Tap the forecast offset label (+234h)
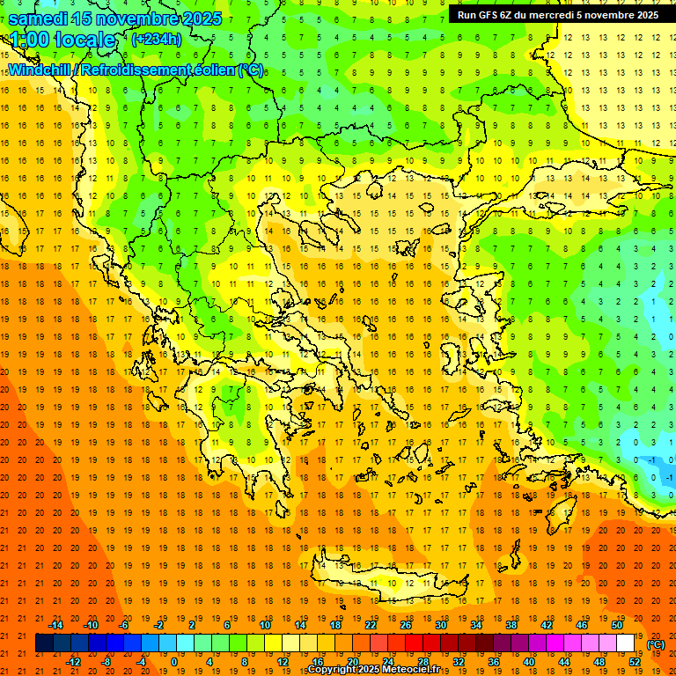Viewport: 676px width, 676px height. pyautogui.click(x=156, y=39)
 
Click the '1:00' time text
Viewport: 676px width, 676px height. pyautogui.click(x=29, y=40)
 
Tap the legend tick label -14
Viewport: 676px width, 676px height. pyautogui.click(x=55, y=625)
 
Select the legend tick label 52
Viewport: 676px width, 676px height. pyautogui.click(x=635, y=662)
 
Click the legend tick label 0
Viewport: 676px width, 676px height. pyautogui.click(x=174, y=662)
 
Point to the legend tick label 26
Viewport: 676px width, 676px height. pyautogui.click(x=406, y=625)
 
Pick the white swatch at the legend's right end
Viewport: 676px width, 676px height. pyautogui.click(x=625, y=643)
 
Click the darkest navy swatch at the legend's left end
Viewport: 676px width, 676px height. pyautogui.click(x=44, y=643)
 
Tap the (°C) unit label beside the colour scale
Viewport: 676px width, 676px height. pyautogui.click(x=656, y=644)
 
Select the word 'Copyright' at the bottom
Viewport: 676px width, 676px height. pyautogui.click(x=333, y=670)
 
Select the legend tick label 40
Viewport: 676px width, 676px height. pyautogui.click(x=529, y=662)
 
